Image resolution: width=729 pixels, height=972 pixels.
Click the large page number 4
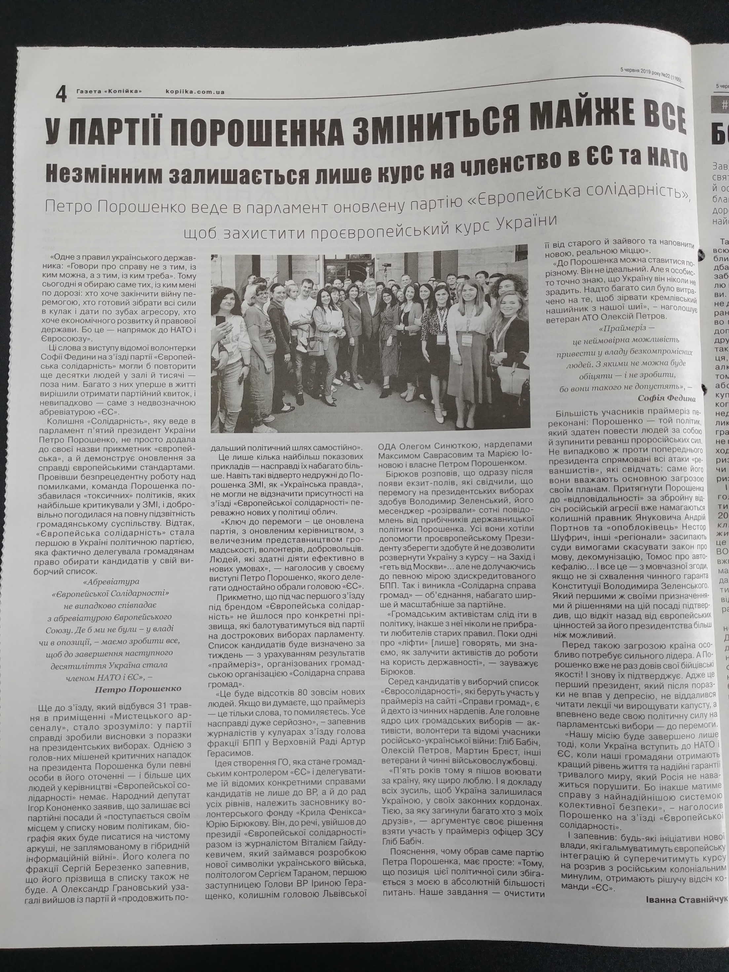click(61, 95)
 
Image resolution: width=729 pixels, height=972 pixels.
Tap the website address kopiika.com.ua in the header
click(196, 92)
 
